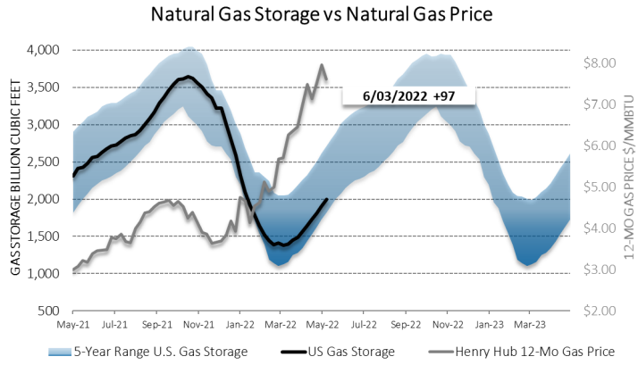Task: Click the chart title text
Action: coord(318,16)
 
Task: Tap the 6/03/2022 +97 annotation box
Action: coord(407,95)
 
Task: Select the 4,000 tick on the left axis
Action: coord(44,50)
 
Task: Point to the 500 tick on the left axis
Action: coord(50,311)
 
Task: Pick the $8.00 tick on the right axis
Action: coord(600,63)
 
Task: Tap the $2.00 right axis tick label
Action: coord(600,311)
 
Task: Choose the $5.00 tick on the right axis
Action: coord(600,187)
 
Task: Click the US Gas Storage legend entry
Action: coord(353,352)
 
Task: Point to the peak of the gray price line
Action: coord(322,64)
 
